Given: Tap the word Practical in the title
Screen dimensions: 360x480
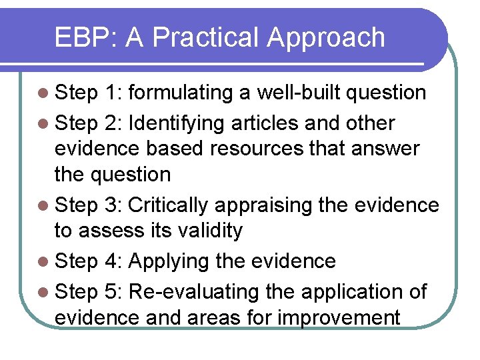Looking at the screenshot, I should pos(203,38).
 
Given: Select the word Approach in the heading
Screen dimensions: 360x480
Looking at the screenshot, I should pos(326,38).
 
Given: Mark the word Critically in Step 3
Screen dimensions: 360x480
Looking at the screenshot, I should pos(167,205).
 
